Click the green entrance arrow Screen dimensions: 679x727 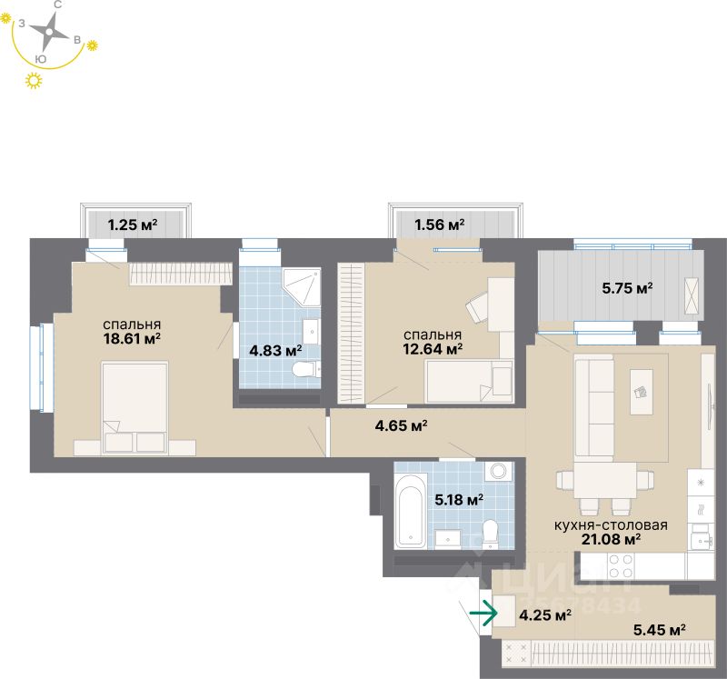(483, 614)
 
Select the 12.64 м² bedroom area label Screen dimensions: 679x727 (433, 346)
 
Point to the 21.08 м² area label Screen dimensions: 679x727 (612, 538)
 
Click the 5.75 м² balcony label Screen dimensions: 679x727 (627, 288)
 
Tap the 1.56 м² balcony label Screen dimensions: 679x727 (440, 224)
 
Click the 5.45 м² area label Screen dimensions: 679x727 (658, 628)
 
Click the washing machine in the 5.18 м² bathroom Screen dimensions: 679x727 (498, 471)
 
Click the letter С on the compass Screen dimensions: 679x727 (57, 5)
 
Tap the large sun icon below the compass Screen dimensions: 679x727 (35, 82)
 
